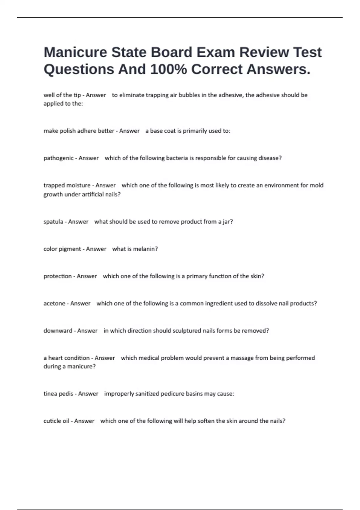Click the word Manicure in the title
point(75,52)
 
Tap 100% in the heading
point(168,70)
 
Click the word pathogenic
point(58,158)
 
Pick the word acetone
point(55,303)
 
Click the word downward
point(58,331)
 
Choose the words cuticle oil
point(56,421)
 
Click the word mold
point(316,185)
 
